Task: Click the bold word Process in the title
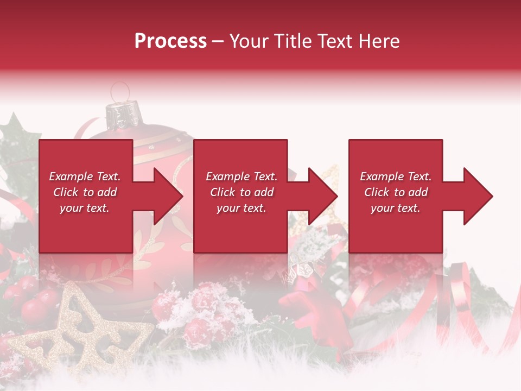click(x=170, y=41)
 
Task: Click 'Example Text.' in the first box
click(x=85, y=176)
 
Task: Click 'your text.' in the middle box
click(x=241, y=208)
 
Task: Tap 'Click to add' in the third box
click(x=396, y=192)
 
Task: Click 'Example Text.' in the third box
click(x=396, y=176)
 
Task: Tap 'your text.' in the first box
click(x=85, y=208)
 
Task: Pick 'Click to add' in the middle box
click(x=241, y=192)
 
